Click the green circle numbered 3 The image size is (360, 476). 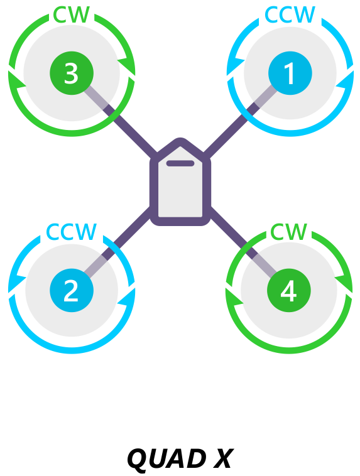(72, 73)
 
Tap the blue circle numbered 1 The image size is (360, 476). (290, 73)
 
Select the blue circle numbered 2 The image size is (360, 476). (72, 290)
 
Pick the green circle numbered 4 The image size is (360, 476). (289, 290)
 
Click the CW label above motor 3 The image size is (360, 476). (72, 14)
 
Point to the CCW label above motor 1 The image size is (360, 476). (290, 14)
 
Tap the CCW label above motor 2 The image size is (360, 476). (72, 232)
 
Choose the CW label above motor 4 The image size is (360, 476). (288, 232)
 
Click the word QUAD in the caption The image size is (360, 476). (165, 459)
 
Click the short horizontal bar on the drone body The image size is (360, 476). (180, 163)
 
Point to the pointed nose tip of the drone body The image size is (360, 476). (180, 139)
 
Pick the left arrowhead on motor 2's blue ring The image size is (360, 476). (16, 283)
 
